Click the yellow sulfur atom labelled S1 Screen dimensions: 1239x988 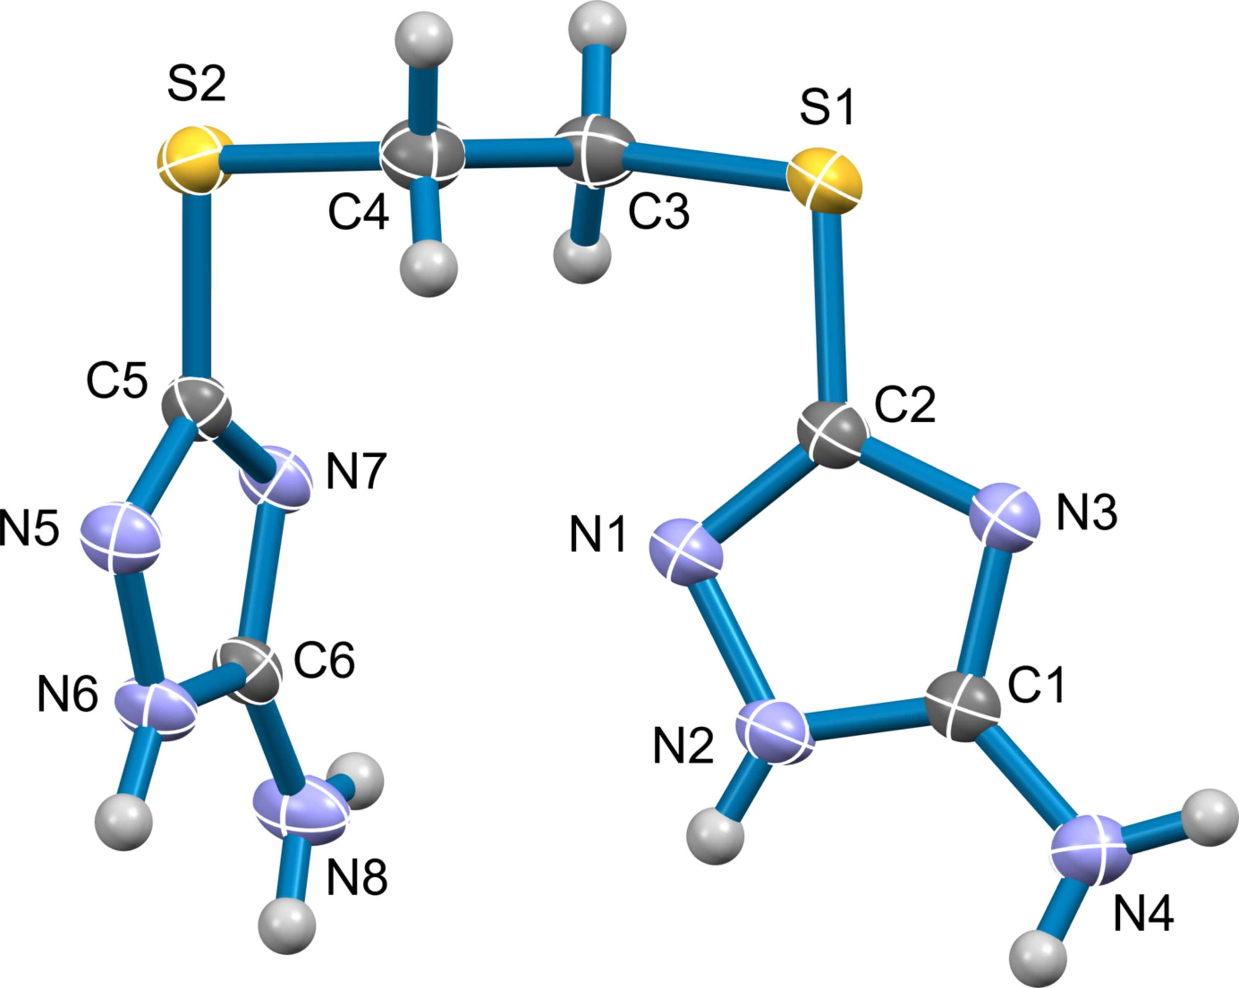coord(825,179)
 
